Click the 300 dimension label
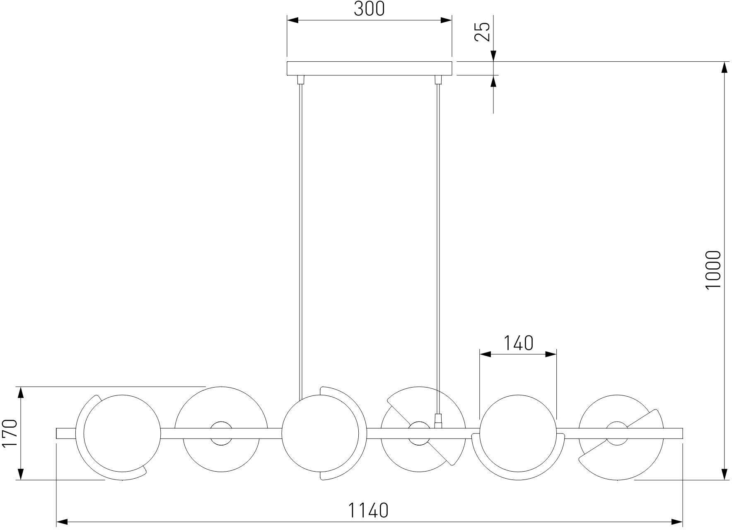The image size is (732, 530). [369, 9]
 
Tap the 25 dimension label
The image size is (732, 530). [482, 31]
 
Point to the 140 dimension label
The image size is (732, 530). [518, 343]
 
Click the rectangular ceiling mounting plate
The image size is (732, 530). [369, 68]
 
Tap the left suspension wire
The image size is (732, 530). [301, 238]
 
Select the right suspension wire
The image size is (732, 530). [437, 248]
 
